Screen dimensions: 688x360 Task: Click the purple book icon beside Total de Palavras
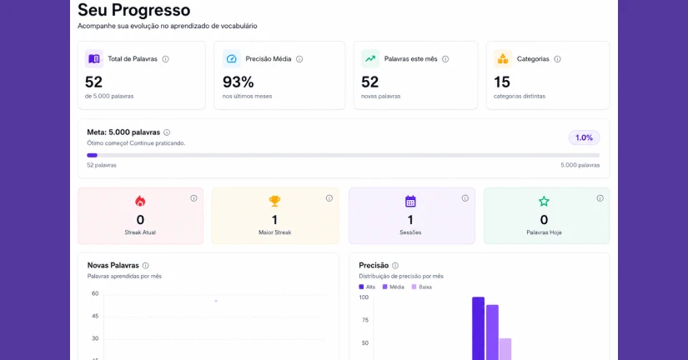[94, 59]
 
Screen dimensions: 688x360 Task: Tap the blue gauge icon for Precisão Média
[231, 59]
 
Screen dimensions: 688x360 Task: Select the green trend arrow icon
[370, 59]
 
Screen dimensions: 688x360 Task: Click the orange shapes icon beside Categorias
[503, 59]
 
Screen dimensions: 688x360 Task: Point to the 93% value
[239, 82]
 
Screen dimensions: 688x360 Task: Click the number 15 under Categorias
[502, 82]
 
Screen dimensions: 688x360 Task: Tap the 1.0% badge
[584, 137]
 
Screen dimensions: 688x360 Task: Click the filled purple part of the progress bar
[92, 155]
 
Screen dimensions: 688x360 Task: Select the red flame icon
[140, 201]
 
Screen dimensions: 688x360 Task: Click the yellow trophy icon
[274, 201]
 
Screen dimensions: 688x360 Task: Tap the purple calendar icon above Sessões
[410, 201]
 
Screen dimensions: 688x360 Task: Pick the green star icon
[544, 201]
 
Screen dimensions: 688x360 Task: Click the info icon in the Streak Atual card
[193, 198]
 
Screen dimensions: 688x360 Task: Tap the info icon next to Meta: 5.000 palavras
[167, 132]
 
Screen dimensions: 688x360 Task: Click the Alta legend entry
[367, 287]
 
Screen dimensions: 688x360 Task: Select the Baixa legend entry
[422, 287]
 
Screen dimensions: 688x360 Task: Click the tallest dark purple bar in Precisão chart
[479, 328]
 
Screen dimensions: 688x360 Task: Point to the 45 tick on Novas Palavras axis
[95, 316]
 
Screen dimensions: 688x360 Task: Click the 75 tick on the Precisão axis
[365, 320]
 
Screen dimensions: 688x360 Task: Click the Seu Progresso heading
[133, 10]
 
